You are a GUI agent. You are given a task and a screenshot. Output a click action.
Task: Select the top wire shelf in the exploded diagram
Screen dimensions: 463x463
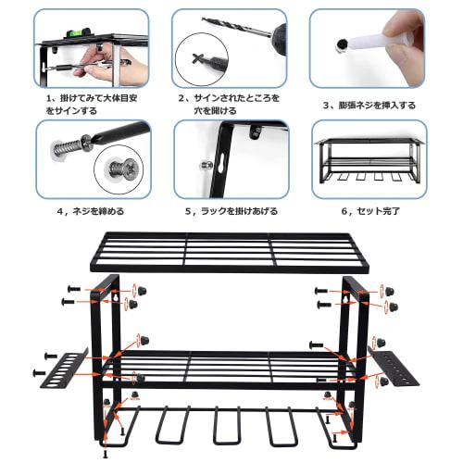click(x=231, y=251)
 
